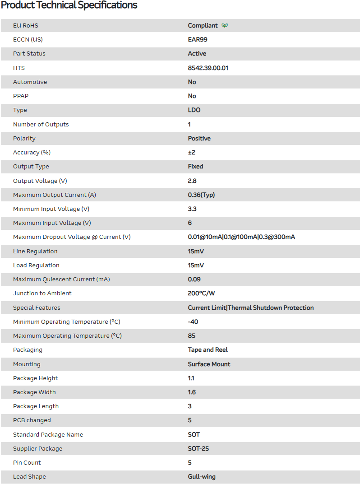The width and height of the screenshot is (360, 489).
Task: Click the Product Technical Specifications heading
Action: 69,5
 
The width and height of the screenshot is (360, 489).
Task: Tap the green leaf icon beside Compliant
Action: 225,26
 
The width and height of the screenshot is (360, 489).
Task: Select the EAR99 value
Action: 198,40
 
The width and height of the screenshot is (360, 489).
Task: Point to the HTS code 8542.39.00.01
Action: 208,68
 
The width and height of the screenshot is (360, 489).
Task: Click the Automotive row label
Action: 30,82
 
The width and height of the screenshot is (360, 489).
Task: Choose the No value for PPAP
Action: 192,96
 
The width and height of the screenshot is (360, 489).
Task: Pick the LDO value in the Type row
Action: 194,110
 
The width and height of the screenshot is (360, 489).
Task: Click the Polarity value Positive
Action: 199,139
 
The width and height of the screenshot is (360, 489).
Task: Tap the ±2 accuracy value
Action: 192,153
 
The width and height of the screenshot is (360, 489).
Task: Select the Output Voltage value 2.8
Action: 192,181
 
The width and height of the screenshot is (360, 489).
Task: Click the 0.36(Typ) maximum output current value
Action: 201,195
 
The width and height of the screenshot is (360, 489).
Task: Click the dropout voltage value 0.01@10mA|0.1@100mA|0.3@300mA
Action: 241,237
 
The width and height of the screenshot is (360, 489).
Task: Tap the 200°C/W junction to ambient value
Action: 202,293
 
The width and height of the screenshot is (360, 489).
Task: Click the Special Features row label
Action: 37,308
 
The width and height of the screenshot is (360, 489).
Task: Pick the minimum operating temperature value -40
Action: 193,322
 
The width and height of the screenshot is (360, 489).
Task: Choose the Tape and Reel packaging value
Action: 208,350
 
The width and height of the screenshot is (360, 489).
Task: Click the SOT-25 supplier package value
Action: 198,449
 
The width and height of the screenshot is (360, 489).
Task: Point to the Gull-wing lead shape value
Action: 202,477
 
